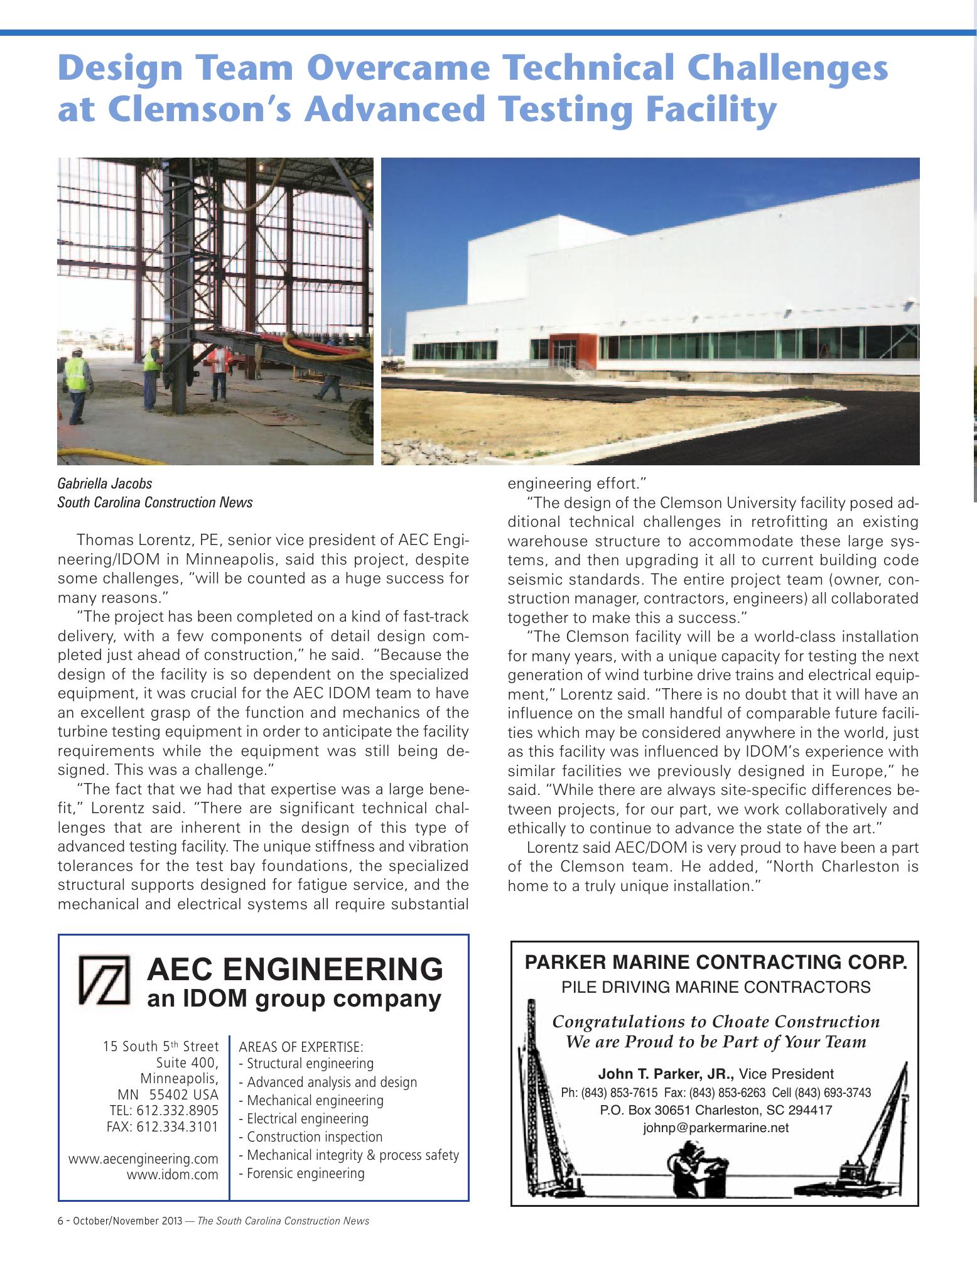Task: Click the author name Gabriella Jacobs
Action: click(104, 483)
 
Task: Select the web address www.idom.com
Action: click(173, 1174)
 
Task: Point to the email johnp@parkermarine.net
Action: click(715, 1128)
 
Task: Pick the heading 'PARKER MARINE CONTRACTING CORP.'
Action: click(715, 962)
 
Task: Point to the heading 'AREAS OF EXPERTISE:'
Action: click(301, 1047)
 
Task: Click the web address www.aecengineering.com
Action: click(143, 1158)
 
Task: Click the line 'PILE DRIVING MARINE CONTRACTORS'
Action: click(715, 987)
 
